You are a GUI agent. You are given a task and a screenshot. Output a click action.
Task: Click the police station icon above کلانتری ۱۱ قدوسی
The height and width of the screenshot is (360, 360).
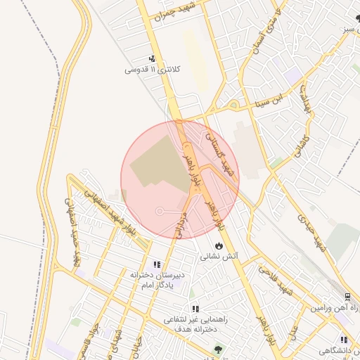tap(152, 60)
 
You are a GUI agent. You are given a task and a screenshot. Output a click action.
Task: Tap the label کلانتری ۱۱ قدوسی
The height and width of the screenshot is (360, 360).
tap(148, 70)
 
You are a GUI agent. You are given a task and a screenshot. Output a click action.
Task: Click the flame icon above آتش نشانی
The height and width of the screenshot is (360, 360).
tap(220, 246)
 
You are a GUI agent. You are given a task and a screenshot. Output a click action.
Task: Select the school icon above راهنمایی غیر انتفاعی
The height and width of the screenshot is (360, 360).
tap(195, 309)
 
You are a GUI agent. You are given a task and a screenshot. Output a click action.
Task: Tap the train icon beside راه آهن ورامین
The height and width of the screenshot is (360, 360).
tap(348, 297)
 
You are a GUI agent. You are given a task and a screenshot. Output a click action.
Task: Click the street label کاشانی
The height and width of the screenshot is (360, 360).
tap(300, 140)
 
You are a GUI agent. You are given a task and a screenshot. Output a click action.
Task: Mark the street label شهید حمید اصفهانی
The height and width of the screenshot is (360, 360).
tap(75, 240)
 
